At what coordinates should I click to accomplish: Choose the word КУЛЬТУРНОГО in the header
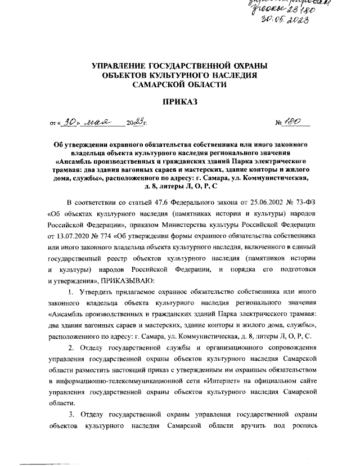(187, 75)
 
